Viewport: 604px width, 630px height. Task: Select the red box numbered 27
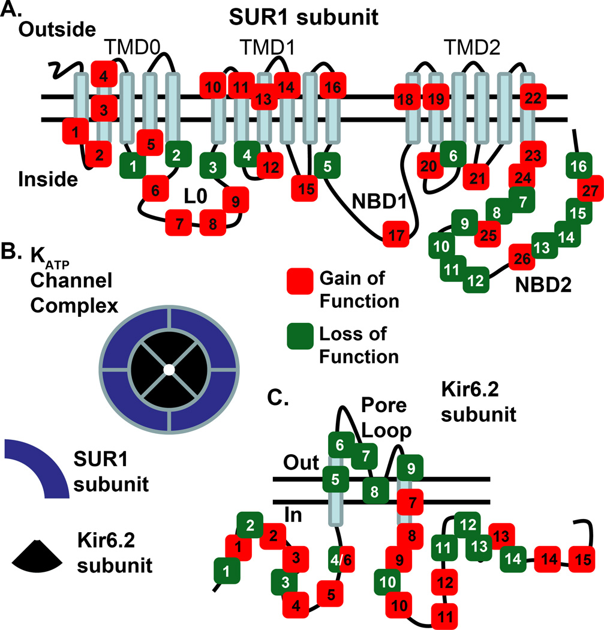click(x=590, y=191)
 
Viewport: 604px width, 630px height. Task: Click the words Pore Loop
click(x=384, y=418)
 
